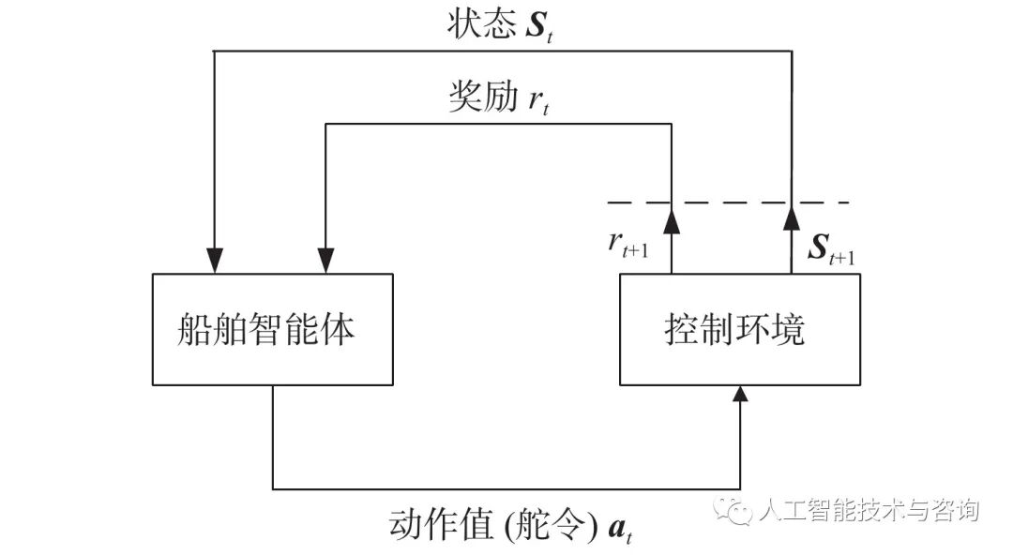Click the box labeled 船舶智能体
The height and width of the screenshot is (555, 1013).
point(271,329)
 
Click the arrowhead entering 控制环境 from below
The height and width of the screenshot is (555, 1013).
point(741,395)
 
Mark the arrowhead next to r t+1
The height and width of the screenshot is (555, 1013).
point(672,220)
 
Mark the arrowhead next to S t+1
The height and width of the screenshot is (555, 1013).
point(791,220)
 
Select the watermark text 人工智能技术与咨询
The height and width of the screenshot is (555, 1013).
point(868,510)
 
